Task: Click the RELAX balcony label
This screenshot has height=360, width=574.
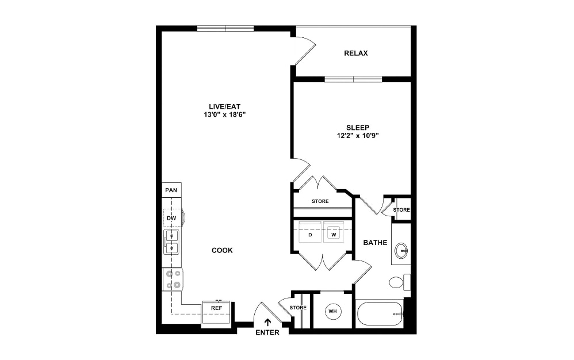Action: coord(355,53)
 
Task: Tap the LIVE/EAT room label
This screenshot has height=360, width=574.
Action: coord(225,106)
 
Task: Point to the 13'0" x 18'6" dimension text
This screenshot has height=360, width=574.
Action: coord(225,114)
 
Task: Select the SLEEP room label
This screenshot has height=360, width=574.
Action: coord(358,128)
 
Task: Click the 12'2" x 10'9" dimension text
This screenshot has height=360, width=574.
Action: coord(358,136)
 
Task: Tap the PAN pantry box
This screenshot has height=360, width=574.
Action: coord(171,190)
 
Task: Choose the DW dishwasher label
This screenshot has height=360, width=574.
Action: coord(171,219)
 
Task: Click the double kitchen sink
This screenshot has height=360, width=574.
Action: coord(171,242)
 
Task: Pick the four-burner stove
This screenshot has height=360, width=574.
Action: coord(172,279)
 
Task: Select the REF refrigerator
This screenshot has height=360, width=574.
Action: coord(216,309)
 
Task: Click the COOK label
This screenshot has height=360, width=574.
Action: coord(222,250)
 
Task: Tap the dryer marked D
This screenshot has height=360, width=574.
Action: coord(310,235)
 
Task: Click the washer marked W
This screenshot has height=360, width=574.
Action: coord(333,235)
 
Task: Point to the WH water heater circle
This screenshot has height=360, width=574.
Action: coord(332,312)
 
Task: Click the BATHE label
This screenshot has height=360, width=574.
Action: coord(375,243)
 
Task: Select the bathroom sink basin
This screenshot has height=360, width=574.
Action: coord(401,250)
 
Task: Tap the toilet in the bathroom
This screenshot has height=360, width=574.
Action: coord(397,282)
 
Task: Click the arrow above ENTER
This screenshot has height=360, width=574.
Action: coord(267,323)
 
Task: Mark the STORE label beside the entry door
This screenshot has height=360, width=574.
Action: coord(298,308)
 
